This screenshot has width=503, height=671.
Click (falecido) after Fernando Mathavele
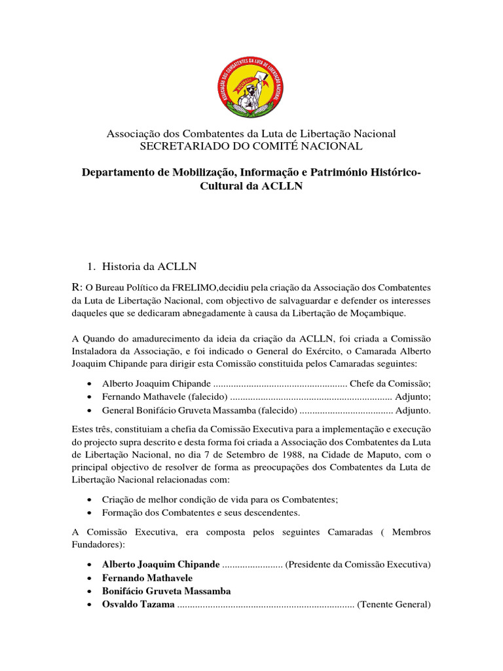pyautogui.click(x=208, y=397)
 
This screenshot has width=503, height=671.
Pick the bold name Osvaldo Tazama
pyautogui.click(x=138, y=605)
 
